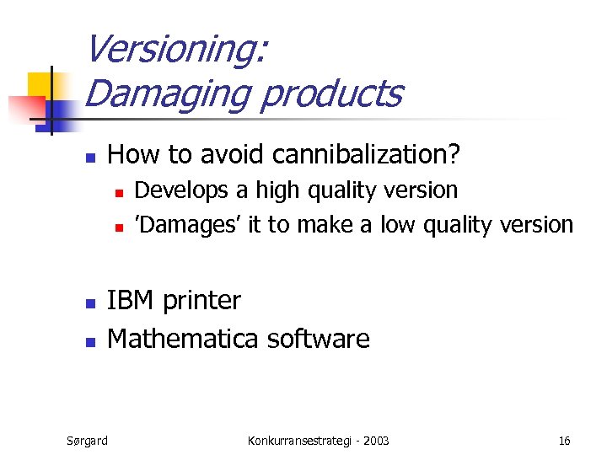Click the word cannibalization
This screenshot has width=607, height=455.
coord(368,154)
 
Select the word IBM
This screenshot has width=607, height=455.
coord(132,301)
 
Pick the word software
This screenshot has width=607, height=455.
coord(318,339)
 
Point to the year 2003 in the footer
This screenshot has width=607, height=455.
coord(376,440)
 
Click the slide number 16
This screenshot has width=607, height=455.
coord(564,440)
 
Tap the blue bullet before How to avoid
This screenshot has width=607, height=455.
coord(91,157)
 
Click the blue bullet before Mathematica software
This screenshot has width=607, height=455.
coord(91,341)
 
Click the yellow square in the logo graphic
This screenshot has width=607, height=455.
coord(40,86)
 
